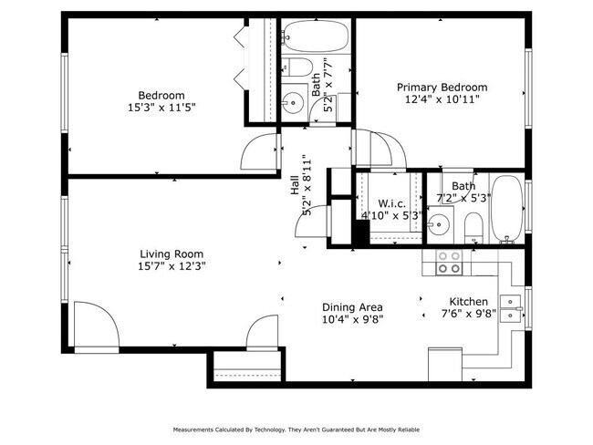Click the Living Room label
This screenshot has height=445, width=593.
point(172,254)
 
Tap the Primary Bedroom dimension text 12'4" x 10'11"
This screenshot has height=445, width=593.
point(442,99)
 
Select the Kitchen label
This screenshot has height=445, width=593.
point(468,302)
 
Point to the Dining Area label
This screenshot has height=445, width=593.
point(352,307)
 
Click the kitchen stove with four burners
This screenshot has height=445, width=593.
point(449,263)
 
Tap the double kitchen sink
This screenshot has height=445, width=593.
point(511,308)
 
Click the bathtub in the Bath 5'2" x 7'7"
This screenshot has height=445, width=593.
point(316,36)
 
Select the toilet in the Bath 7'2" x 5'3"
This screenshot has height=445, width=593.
point(473,227)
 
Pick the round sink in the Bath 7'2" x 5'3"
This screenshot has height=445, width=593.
point(438,224)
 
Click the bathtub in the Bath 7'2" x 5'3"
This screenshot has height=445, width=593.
point(506,209)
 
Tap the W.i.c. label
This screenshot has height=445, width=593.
point(391,203)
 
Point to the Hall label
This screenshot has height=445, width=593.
point(295,186)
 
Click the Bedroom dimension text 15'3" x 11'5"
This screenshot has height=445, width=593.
point(161,108)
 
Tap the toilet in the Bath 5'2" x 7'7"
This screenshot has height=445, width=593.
point(297,67)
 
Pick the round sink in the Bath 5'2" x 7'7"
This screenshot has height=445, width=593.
point(293,102)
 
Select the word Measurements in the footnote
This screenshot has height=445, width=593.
point(192,429)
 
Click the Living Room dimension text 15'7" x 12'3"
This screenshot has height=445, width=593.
point(172,266)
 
